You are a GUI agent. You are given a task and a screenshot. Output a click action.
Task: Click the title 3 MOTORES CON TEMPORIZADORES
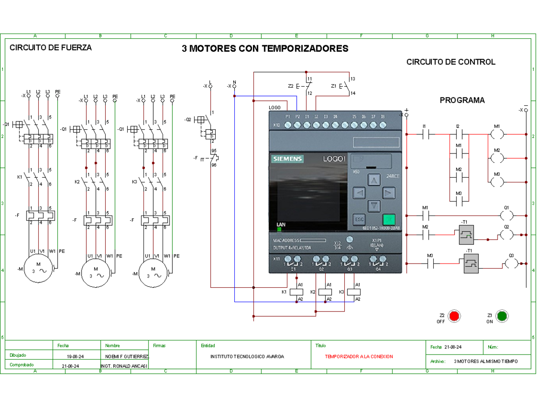click(265, 49)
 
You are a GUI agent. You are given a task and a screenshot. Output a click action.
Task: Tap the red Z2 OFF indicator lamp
click(454, 316)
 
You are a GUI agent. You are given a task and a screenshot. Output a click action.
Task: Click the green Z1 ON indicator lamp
click(502, 316)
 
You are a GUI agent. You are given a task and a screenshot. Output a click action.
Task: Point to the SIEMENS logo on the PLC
click(287, 160)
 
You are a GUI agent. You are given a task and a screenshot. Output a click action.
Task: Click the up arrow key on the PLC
click(374, 180)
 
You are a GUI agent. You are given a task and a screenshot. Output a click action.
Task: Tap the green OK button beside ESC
click(389, 219)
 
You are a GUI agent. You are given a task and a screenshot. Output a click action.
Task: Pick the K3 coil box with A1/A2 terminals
click(354, 292)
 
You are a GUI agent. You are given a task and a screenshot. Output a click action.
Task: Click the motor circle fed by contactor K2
click(96, 272)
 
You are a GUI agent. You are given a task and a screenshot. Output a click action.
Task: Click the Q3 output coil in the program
click(511, 264)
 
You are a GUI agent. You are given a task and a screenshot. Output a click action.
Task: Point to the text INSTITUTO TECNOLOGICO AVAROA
click(247, 356)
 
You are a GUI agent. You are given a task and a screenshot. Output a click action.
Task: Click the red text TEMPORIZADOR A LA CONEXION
click(359, 356)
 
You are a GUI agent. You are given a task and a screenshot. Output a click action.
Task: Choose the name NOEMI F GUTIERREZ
click(124, 356)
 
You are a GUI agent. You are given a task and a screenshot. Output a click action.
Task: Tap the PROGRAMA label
click(462, 100)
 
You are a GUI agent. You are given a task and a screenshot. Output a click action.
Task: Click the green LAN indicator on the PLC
click(279, 229)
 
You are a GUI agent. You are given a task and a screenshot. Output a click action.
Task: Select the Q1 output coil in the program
click(506, 215)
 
